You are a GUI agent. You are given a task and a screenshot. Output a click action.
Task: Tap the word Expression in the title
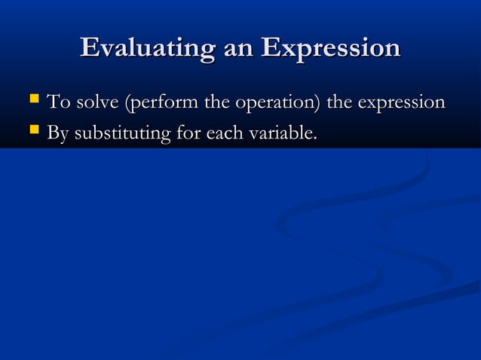(x=330, y=48)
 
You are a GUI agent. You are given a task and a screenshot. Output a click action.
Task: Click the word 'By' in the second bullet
(x=57, y=135)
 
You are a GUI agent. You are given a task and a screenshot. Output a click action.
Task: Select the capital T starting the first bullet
(x=53, y=102)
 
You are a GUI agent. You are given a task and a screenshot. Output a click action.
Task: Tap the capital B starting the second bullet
(x=53, y=134)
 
